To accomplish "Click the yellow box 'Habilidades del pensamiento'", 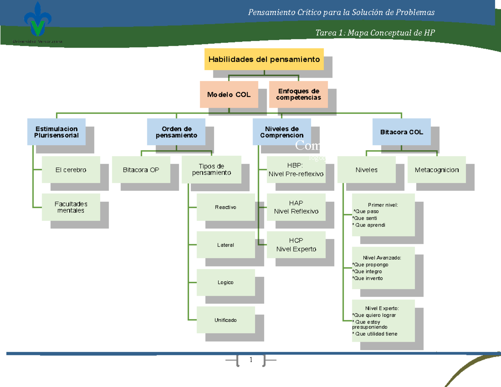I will [x=264, y=59].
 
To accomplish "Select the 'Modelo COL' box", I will [x=229, y=95].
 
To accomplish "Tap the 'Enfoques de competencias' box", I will [x=298, y=94].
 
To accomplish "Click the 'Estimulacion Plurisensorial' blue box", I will [x=56, y=132].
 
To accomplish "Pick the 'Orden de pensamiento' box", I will [x=176, y=132].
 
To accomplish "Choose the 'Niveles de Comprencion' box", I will [x=282, y=132].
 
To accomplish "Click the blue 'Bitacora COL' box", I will [x=401, y=132].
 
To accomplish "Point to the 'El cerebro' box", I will [x=71, y=170].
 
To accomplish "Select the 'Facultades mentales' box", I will [x=71, y=207].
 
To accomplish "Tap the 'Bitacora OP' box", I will [x=141, y=170].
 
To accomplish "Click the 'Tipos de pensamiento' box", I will [x=211, y=169].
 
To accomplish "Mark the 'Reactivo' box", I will [x=225, y=207].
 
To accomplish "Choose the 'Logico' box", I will [x=225, y=282].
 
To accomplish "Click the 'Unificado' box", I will [x=225, y=320].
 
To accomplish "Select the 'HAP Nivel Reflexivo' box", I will [x=296, y=207].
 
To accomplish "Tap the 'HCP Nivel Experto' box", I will [x=296, y=245].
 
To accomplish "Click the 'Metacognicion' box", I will [x=436, y=170].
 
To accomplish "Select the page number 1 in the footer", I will [x=251, y=360].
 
